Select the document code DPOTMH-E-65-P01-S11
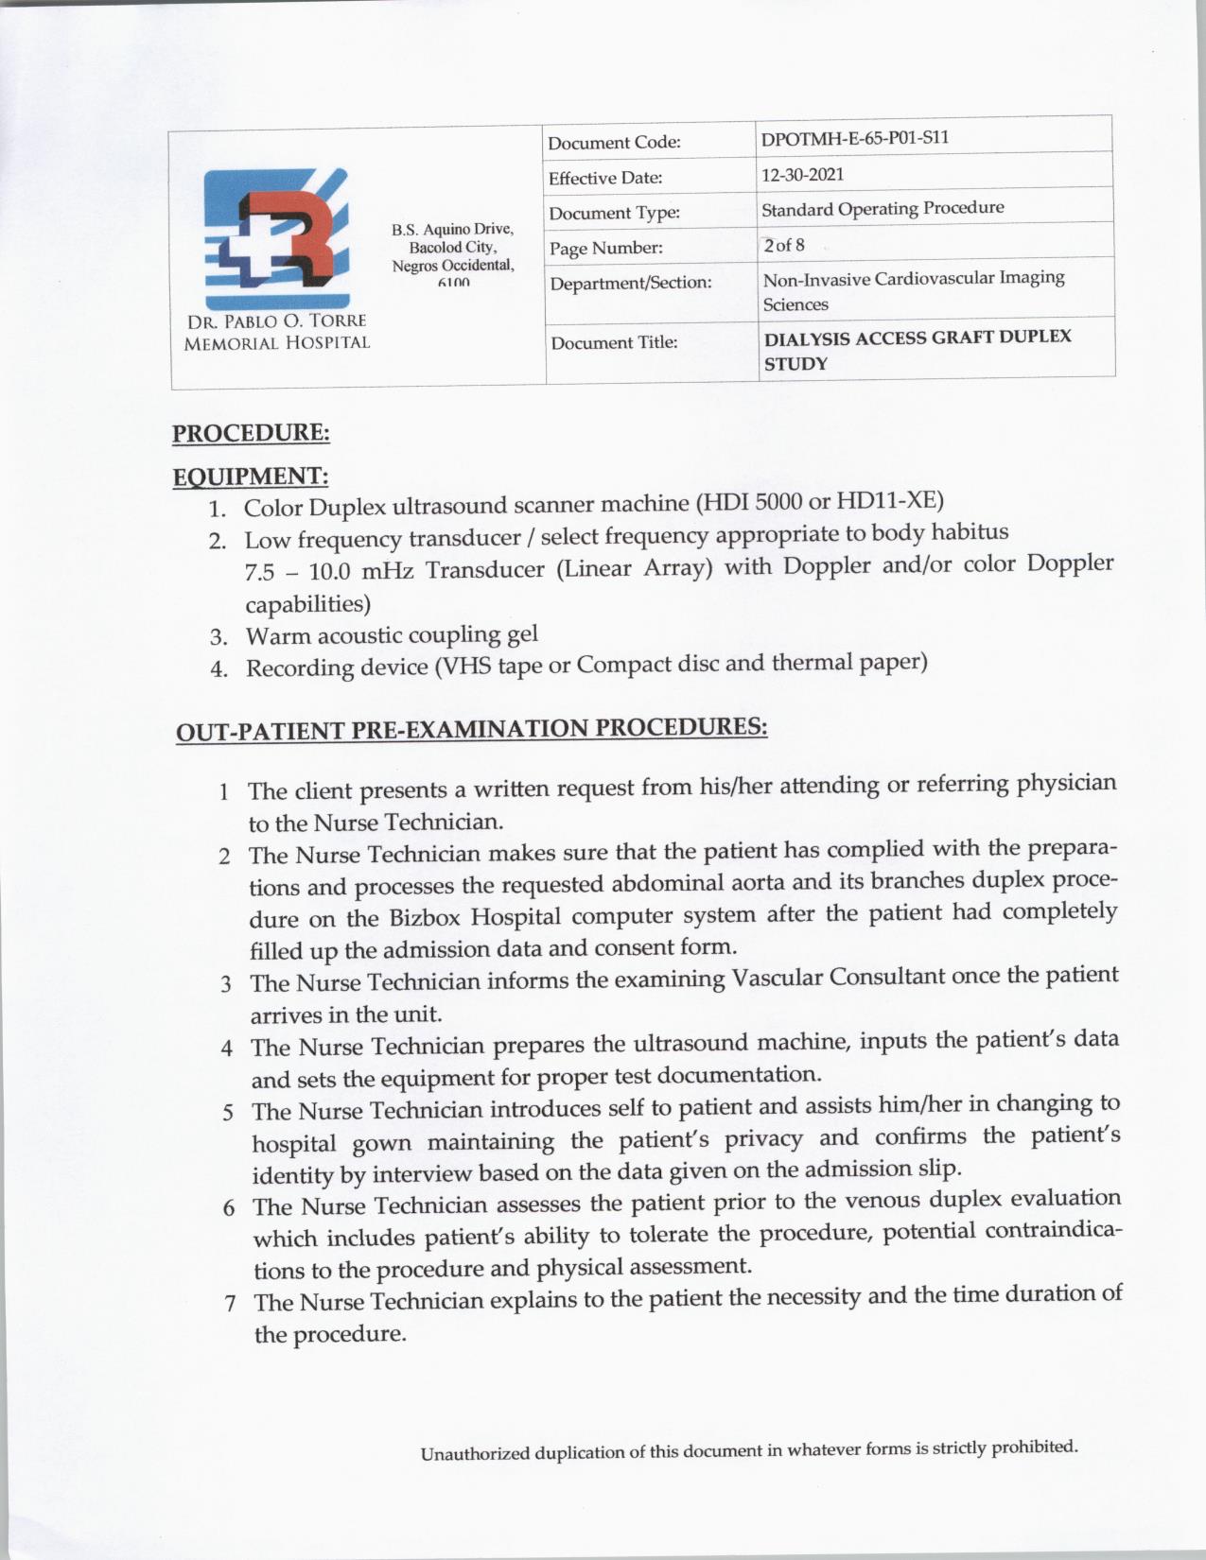coord(854,138)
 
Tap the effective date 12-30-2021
coord(802,175)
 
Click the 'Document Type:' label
coord(614,213)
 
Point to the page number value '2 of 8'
coord(784,246)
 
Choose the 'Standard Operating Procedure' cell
coord(883,208)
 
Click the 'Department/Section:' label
coord(631,283)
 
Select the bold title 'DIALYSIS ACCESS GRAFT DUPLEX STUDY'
coord(917,350)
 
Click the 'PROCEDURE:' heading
coord(251,433)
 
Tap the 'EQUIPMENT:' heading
coord(251,476)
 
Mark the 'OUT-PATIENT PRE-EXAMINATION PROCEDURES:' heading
coord(471,729)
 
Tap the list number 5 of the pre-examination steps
coord(228,1112)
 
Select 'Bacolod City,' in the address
coord(452,248)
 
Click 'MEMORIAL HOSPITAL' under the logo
coord(276,343)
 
